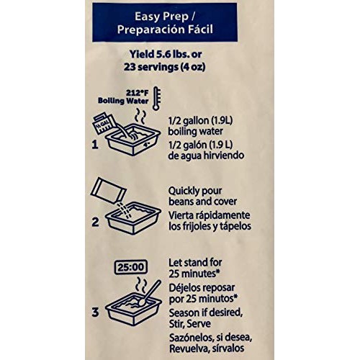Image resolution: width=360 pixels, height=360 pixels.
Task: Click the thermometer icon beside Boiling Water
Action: point(156,99)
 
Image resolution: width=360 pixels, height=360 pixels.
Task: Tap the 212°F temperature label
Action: point(138,93)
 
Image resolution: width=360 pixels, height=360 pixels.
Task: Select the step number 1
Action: point(95,145)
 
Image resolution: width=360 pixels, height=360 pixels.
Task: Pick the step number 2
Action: point(95,222)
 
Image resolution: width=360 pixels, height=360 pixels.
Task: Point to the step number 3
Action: point(95,312)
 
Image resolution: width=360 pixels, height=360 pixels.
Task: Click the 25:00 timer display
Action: point(131,267)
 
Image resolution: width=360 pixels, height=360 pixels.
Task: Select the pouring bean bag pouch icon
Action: point(109,190)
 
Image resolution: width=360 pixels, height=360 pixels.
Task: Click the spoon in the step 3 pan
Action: point(150,293)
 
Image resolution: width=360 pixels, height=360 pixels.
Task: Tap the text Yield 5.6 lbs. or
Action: point(166,54)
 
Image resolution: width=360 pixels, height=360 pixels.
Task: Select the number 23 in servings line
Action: point(130,67)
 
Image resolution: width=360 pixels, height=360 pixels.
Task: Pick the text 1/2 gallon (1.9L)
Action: point(200,121)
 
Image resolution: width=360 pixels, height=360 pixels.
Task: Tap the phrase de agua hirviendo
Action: point(206,156)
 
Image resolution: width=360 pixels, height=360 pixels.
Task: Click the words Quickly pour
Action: point(195,192)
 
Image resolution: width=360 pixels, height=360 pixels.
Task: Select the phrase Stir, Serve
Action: point(190,324)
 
